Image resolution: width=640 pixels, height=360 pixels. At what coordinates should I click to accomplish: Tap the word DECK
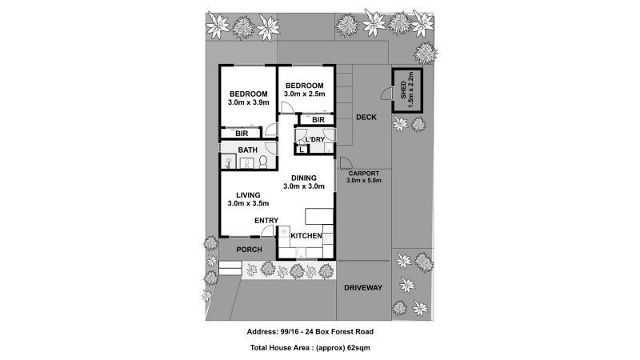[366, 118]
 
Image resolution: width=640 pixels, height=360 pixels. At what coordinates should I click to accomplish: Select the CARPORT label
[363, 173]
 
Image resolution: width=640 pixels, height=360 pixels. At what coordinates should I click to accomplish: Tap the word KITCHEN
[306, 235]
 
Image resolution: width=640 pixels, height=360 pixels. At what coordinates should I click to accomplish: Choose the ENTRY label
[266, 220]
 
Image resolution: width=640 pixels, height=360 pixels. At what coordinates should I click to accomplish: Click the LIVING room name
[248, 194]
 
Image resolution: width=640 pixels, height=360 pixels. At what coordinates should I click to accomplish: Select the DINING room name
[303, 178]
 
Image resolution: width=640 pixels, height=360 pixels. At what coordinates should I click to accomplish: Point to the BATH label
[247, 150]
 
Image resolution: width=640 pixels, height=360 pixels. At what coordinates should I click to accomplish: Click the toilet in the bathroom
[262, 163]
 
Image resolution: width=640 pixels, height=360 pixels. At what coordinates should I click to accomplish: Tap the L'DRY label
[312, 140]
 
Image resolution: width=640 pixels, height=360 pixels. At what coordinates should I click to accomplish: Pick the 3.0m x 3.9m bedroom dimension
[248, 102]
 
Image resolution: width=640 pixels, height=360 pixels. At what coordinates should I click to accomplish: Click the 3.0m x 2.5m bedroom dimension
[304, 94]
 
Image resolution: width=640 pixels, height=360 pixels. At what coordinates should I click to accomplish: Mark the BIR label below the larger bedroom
[241, 134]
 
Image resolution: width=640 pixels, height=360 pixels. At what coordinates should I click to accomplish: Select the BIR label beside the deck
[318, 120]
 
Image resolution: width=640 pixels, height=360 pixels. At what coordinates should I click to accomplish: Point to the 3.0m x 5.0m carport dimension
[364, 181]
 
